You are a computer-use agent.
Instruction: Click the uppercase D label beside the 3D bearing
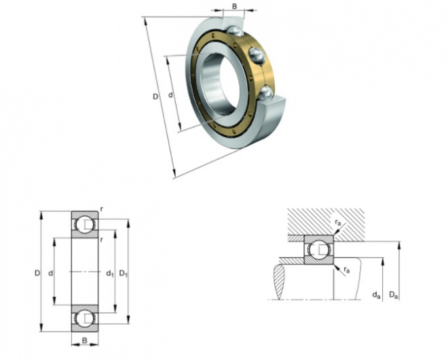[x=155, y=98]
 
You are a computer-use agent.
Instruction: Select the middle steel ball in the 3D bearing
[x=257, y=54]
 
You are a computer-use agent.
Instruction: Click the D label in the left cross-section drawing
[x=37, y=273]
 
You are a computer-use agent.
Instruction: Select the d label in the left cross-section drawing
[x=52, y=273]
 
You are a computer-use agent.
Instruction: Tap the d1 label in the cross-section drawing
[x=109, y=274]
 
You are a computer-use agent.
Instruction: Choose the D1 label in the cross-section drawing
[x=123, y=274]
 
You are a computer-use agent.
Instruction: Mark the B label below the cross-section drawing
[x=85, y=339]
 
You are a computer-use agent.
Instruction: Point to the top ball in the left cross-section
[x=85, y=225]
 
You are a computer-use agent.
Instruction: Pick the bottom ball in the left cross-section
[x=85, y=318]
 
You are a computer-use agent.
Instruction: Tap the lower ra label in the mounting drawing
[x=346, y=270]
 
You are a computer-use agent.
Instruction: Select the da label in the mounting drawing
[x=375, y=294]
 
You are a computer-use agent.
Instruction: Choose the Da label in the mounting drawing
[x=393, y=294]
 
